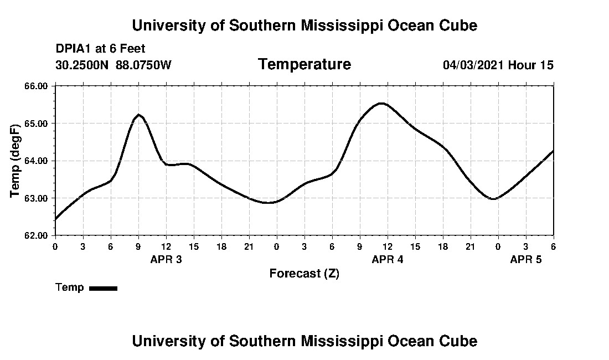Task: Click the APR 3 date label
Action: [166, 259]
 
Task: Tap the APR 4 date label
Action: [388, 259]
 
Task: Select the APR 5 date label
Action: [526, 259]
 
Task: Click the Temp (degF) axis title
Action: [16, 161]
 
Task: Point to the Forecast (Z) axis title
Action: [304, 274]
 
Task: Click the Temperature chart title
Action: [304, 65]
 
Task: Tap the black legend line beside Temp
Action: [103, 288]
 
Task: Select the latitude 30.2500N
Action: [83, 65]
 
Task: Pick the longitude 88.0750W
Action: [144, 65]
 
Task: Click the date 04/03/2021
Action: [473, 65]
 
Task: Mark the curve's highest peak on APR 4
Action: [381, 104]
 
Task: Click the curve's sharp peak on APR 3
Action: [138, 115]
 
